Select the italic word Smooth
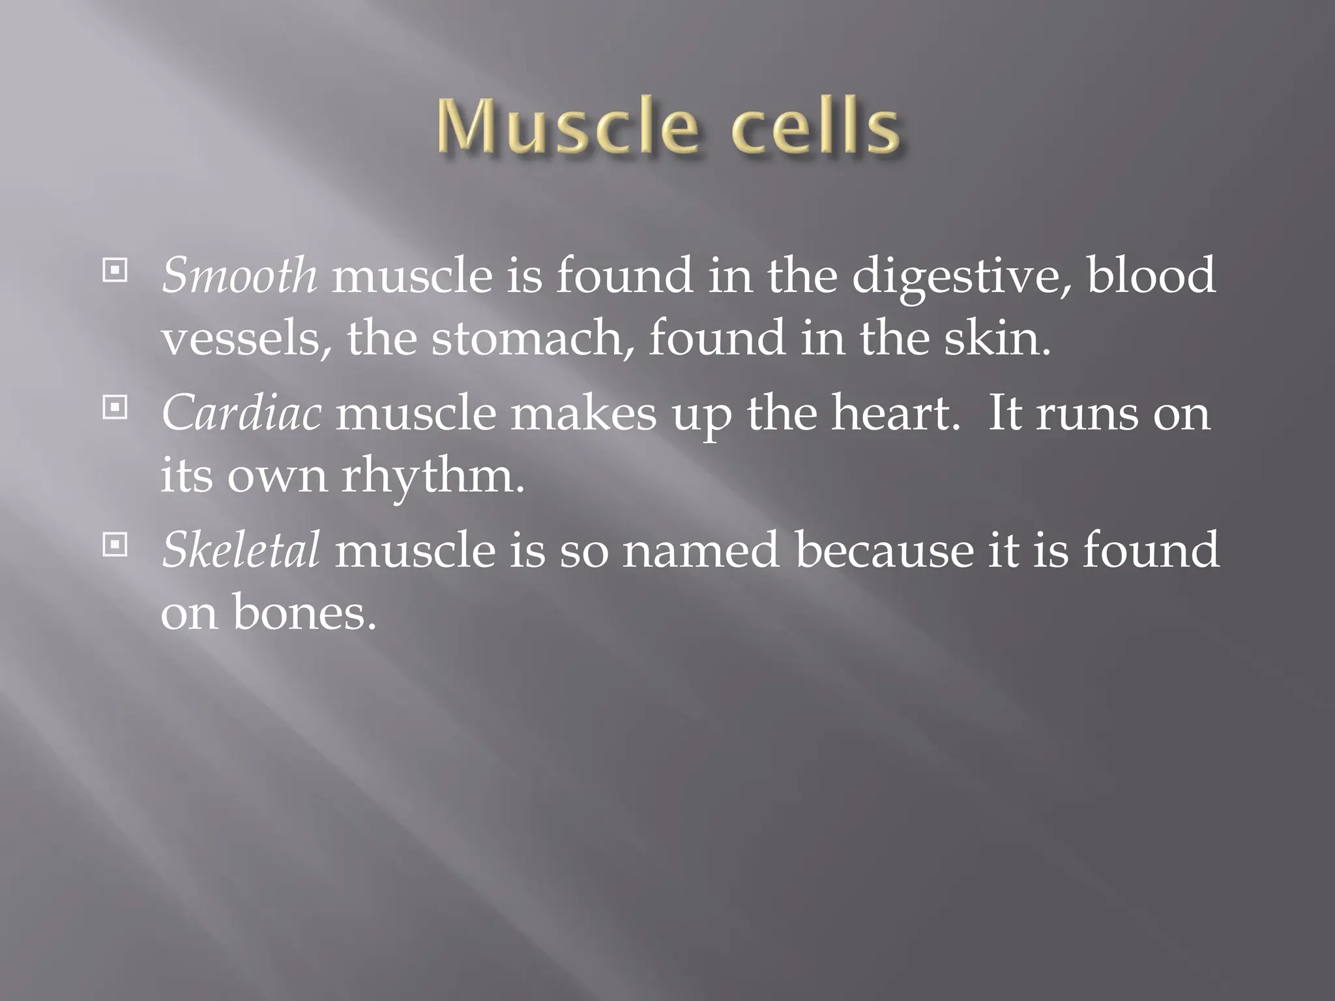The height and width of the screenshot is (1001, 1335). click(239, 275)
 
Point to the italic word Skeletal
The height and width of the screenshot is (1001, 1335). click(241, 550)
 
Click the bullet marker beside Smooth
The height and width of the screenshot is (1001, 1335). click(115, 270)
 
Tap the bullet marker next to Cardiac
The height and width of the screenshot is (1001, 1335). click(115, 409)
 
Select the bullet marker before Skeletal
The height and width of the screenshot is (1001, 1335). click(115, 545)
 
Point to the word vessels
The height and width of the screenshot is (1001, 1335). click(245, 340)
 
